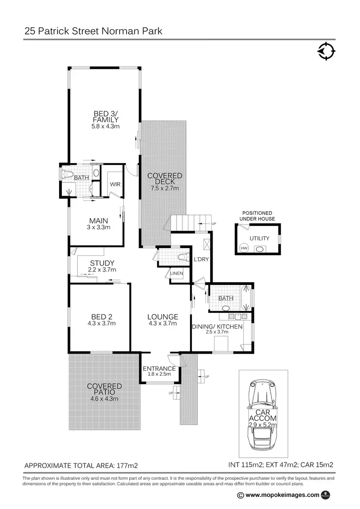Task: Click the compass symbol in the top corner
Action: [x=326, y=51]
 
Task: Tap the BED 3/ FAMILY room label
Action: [x=106, y=117]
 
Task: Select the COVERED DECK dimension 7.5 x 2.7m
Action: [x=165, y=189]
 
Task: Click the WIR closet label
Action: [x=115, y=184]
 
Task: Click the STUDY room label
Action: [x=102, y=263]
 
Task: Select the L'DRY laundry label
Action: [x=201, y=260]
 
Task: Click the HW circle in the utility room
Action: [x=243, y=248]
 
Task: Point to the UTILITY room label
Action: [x=259, y=238]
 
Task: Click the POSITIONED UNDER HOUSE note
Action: [x=257, y=216]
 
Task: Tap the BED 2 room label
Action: [x=101, y=317]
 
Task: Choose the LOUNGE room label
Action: [x=163, y=317]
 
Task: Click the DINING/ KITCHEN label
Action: [x=217, y=327]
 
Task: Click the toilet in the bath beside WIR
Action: [x=67, y=174]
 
